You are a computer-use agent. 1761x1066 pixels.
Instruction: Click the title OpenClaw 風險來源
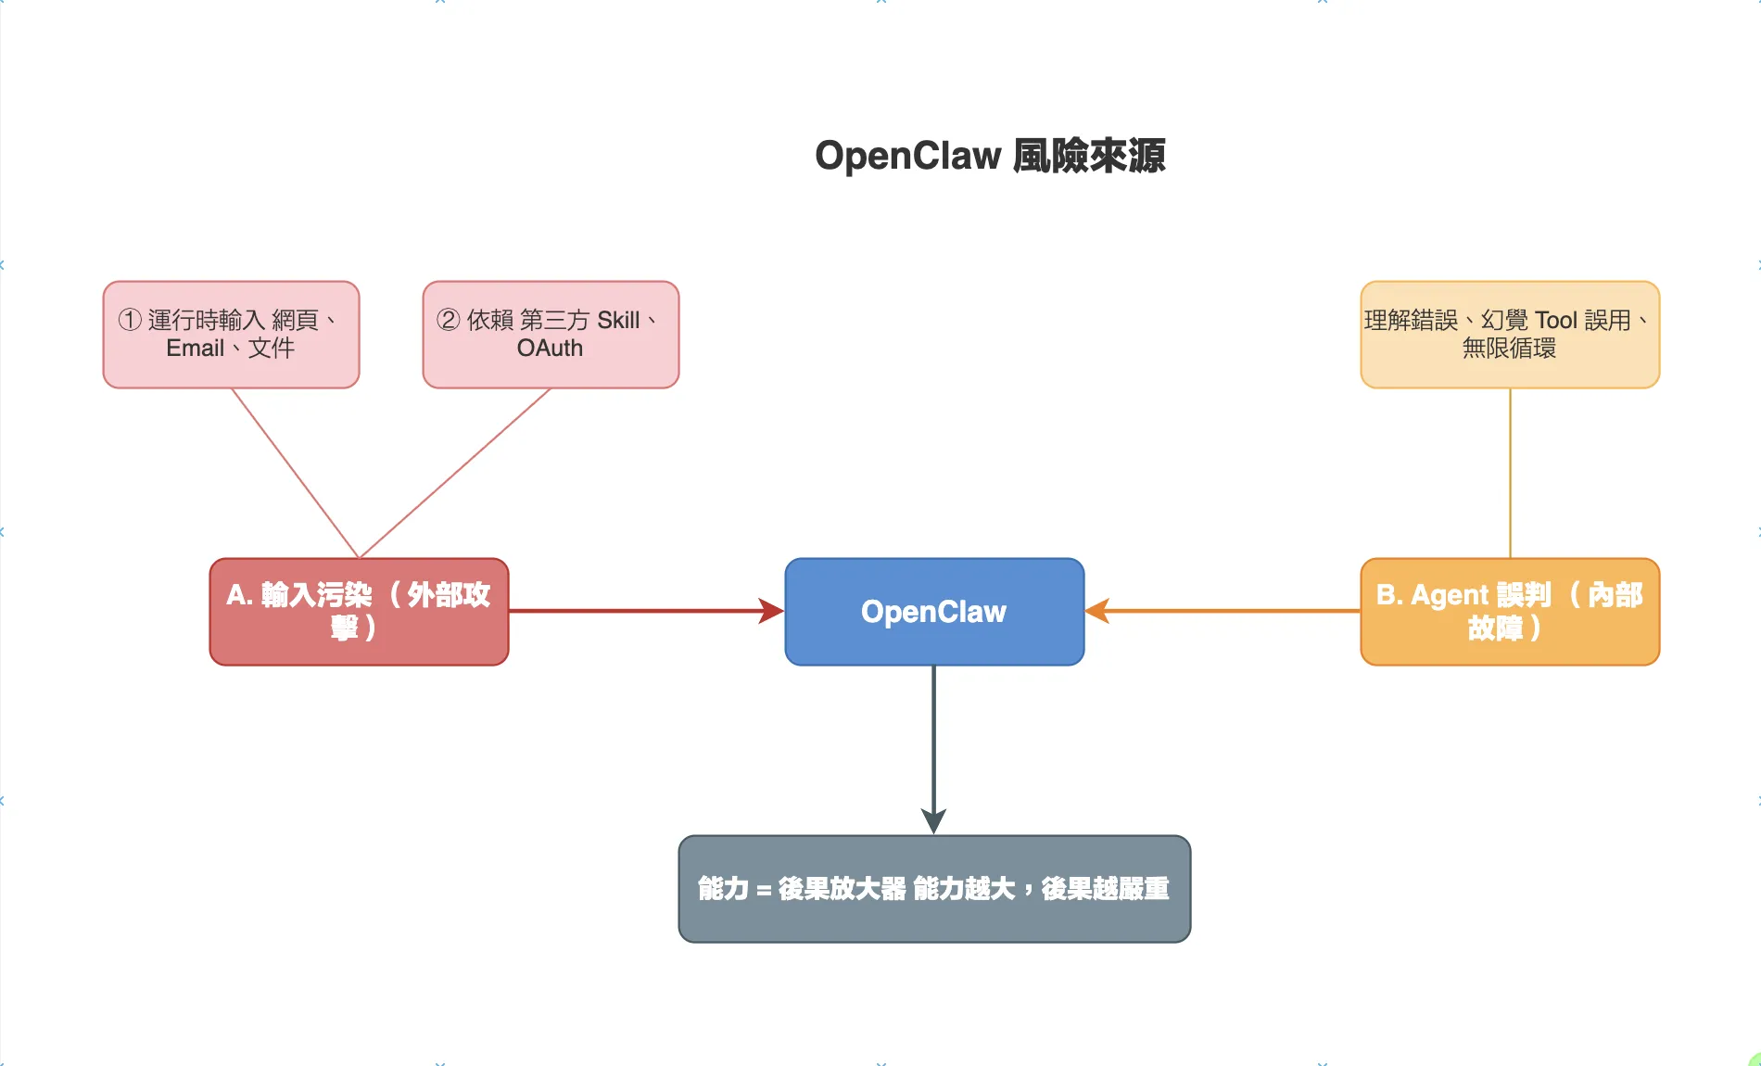click(989, 156)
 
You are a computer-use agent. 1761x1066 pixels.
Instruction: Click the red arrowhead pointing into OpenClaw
click(772, 611)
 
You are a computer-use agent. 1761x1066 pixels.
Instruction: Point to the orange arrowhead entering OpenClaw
click(1097, 611)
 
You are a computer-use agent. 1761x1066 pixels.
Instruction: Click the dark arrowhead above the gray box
click(933, 821)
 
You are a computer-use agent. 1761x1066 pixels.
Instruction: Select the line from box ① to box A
click(295, 473)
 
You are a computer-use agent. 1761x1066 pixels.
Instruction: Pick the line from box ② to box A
click(454, 473)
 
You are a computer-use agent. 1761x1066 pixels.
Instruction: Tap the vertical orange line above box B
click(1510, 473)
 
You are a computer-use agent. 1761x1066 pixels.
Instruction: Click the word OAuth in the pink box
click(550, 349)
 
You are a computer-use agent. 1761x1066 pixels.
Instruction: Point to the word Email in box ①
click(195, 349)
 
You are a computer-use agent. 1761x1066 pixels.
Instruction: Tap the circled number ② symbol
click(449, 320)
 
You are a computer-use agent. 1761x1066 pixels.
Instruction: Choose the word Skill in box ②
click(618, 321)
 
